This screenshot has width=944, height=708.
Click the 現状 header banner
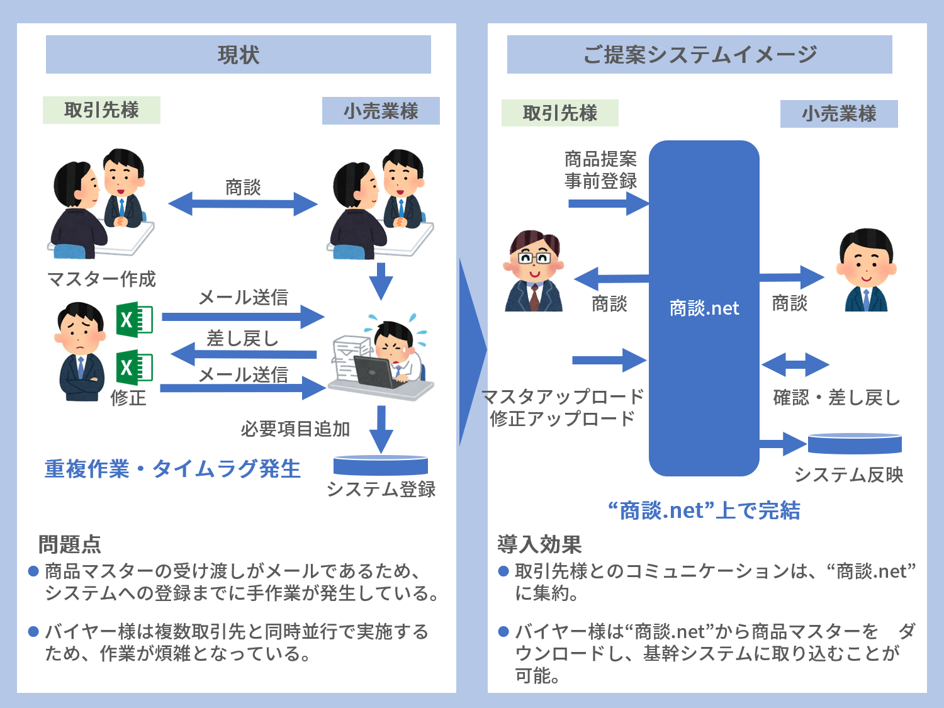239,55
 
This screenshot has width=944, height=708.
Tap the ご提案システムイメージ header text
700,55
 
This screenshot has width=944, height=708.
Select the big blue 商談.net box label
704,308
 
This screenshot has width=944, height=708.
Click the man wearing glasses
534,271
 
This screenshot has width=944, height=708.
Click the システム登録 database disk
381,465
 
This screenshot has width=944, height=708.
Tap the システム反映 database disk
855,444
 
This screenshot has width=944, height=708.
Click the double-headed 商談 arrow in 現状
242,204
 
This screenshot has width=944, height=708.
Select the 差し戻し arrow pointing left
244,354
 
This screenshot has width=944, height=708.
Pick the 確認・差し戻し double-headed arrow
795,364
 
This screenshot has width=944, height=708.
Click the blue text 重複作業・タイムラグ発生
172,469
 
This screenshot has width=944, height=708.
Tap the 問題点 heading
70,544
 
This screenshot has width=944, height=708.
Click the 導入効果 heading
539,544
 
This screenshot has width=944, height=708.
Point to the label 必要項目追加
295,429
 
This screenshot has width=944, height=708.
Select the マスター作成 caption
101,279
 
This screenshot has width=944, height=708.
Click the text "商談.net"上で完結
704,510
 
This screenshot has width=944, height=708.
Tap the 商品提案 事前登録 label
600,170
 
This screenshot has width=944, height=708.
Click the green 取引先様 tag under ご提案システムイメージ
560,113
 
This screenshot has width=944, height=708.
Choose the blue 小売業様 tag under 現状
381,111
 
